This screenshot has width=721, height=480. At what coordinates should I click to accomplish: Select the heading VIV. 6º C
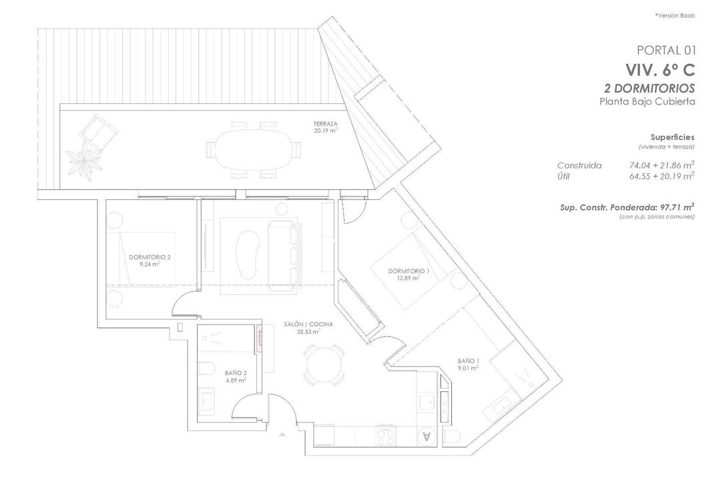click(660, 70)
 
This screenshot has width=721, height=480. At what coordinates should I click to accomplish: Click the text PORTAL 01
click(666, 50)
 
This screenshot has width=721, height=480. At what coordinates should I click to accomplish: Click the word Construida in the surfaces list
click(579, 165)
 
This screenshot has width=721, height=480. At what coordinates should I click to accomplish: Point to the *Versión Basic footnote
click(675, 15)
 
